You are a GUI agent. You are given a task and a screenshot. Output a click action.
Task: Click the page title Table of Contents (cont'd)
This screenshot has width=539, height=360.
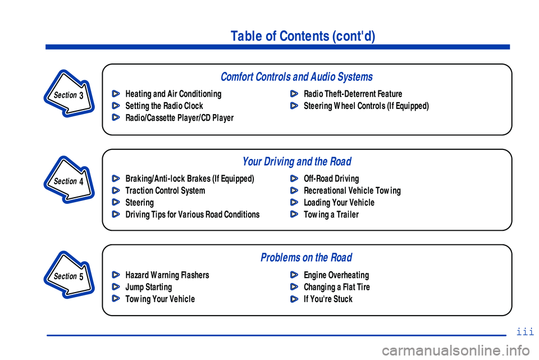(303, 37)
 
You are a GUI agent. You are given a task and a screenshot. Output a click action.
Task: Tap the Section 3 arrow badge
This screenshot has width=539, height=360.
(69, 94)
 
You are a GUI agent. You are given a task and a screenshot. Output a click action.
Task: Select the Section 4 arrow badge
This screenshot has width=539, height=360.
(69, 180)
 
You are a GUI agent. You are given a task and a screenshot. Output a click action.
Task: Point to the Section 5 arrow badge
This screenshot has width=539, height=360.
(69, 276)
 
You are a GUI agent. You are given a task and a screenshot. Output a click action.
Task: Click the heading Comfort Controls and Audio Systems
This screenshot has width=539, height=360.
(296, 77)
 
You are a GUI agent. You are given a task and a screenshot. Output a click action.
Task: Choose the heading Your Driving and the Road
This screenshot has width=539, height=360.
(296, 162)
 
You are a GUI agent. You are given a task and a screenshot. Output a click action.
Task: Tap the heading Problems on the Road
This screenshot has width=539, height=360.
(306, 258)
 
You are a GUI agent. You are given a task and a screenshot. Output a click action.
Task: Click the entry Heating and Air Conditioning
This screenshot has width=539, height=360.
(173, 94)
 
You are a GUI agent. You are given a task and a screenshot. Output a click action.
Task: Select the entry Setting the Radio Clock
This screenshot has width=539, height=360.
(164, 106)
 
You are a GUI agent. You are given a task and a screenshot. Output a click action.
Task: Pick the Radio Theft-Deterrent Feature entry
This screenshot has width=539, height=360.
(353, 94)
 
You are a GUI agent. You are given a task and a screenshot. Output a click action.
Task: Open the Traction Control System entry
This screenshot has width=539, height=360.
(165, 191)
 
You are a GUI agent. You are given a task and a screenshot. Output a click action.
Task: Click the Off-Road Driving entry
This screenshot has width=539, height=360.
(331, 179)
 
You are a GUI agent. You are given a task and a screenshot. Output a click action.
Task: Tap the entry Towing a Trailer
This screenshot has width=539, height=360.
(331, 215)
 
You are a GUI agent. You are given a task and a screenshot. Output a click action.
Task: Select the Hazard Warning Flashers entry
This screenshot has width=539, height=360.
(167, 275)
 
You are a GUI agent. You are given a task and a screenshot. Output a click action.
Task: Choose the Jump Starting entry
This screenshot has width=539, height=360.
(149, 288)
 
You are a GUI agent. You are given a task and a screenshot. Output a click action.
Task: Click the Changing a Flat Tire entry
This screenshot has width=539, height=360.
(337, 288)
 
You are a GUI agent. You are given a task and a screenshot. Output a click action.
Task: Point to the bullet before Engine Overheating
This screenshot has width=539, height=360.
(294, 275)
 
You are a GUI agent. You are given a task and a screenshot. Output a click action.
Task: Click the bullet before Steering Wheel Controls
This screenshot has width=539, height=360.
(294, 106)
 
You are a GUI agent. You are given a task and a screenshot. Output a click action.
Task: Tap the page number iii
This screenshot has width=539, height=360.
(524, 332)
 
